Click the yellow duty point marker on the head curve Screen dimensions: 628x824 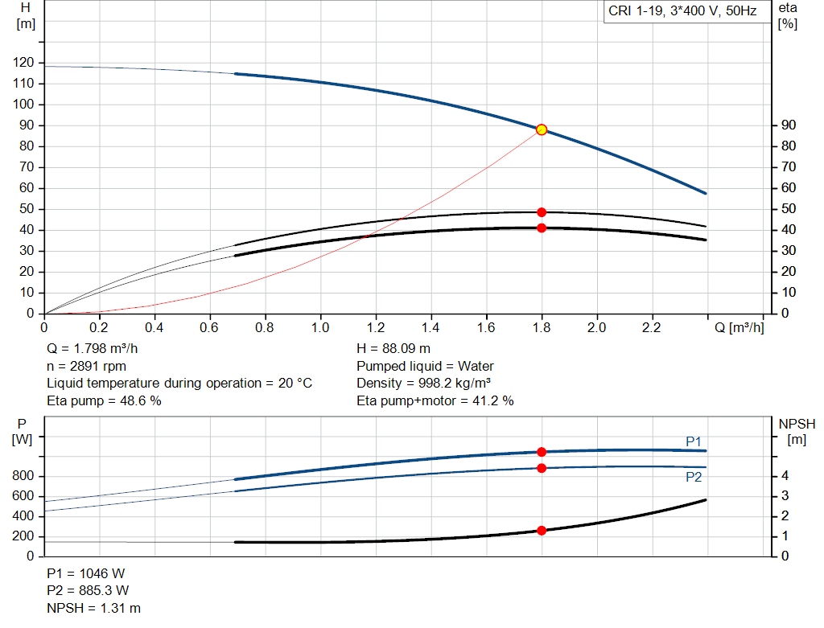(542, 129)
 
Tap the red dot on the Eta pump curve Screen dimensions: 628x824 (542, 212)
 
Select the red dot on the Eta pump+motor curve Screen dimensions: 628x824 (542, 228)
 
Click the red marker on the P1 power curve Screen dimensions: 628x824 (542, 452)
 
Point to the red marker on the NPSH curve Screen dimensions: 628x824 (542, 531)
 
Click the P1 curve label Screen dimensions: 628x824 (694, 441)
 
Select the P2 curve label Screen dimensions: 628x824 (694, 477)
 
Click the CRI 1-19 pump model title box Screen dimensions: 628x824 (682, 12)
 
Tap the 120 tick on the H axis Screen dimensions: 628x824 (23, 63)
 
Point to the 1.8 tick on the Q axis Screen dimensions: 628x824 (542, 328)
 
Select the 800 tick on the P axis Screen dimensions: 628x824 (23, 476)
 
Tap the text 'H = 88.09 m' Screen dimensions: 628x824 (393, 349)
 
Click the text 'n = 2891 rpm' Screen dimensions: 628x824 (87, 366)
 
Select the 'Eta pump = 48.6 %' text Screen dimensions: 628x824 (104, 400)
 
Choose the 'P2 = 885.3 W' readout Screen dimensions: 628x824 (88, 591)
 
